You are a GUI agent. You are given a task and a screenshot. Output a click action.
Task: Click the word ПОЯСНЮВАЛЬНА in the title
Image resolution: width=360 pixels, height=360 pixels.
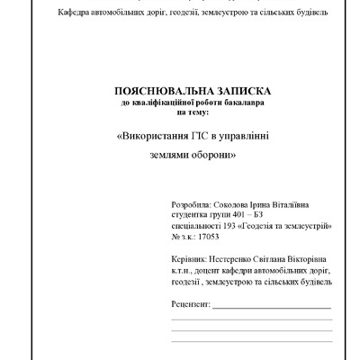(158, 92)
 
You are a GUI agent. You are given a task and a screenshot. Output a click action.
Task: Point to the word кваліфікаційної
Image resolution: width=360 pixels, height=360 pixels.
(159, 103)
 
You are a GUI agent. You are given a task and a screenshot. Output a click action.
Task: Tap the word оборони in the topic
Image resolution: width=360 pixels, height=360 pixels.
(216, 155)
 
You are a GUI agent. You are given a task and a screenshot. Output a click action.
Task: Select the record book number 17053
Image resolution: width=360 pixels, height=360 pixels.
(209, 238)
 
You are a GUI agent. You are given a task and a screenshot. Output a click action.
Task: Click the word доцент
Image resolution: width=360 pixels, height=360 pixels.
(207, 271)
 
